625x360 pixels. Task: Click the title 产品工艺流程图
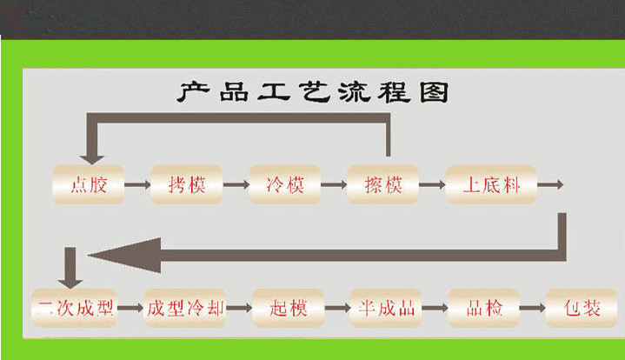(313, 92)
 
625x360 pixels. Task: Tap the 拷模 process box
(187, 184)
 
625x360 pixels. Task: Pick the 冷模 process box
(285, 184)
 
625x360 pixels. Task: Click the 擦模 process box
(382, 184)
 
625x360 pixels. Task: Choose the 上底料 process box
(491, 184)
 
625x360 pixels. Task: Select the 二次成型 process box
(75, 308)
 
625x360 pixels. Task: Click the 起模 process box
(289, 308)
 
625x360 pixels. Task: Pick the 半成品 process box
(387, 308)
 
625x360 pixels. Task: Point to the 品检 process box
(483, 308)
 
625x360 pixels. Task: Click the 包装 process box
(581, 308)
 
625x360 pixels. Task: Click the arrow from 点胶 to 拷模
(136, 184)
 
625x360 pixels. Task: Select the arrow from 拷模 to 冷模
(236, 184)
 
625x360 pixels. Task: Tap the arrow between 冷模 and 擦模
(334, 184)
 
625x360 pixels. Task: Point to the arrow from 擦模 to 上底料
(432, 184)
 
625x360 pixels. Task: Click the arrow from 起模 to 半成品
(337, 308)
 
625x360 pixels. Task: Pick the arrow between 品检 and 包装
(532, 308)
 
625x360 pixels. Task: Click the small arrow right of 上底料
(551, 184)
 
